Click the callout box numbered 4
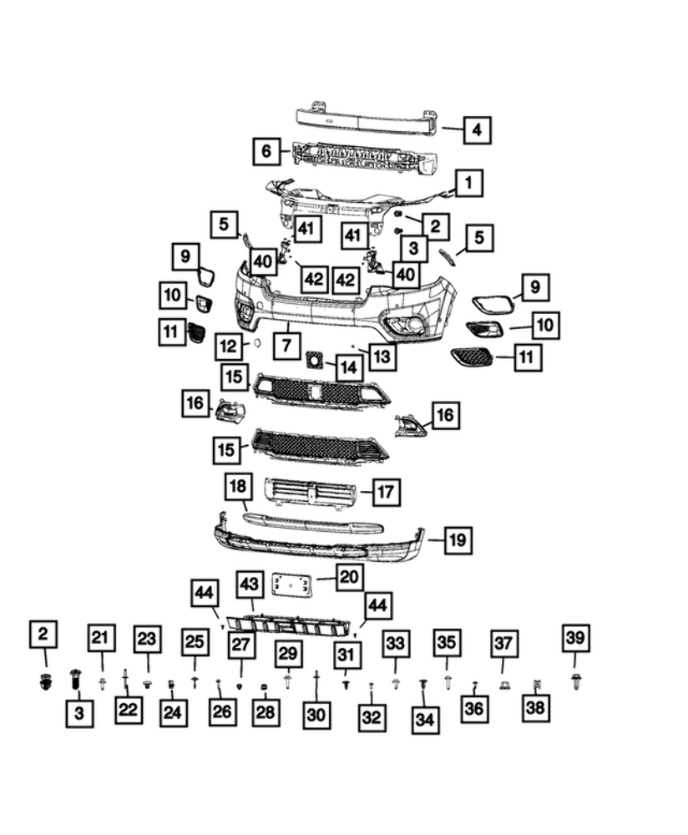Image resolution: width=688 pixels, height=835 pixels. (x=476, y=130)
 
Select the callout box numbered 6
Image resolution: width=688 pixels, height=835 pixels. (x=266, y=151)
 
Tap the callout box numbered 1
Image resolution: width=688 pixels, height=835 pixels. (x=468, y=182)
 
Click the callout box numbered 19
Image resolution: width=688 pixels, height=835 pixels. (x=456, y=540)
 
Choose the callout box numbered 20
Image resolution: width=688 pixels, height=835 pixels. (x=350, y=576)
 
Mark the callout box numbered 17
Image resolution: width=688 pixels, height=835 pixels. (x=385, y=493)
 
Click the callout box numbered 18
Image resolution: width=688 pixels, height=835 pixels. (x=238, y=486)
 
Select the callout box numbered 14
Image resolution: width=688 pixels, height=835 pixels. (x=347, y=366)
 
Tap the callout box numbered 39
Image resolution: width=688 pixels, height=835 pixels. (x=575, y=639)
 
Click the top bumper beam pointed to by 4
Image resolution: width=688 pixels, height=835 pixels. (x=367, y=119)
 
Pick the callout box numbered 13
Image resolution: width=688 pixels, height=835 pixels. (x=382, y=357)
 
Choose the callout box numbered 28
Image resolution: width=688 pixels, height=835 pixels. (x=264, y=712)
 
